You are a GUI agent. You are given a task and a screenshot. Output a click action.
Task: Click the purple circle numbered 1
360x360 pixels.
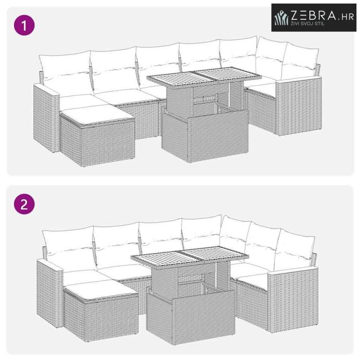[25, 25]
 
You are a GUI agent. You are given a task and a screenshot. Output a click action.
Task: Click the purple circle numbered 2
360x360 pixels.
[25, 204]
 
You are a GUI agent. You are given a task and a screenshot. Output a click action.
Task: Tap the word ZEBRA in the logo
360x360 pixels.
[313, 15]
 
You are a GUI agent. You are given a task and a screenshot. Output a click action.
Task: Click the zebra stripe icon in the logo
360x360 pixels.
[282, 18]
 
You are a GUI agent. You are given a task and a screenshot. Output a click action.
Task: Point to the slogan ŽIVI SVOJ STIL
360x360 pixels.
[308, 23]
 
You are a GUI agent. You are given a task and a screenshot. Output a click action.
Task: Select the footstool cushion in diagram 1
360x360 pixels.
[97, 115]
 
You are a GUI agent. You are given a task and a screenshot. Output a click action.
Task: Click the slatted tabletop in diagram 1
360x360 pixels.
[204, 77]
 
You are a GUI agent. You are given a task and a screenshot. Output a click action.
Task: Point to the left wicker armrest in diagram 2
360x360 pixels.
[50, 293]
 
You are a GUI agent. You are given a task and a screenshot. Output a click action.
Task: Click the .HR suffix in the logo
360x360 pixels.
[346, 17]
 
